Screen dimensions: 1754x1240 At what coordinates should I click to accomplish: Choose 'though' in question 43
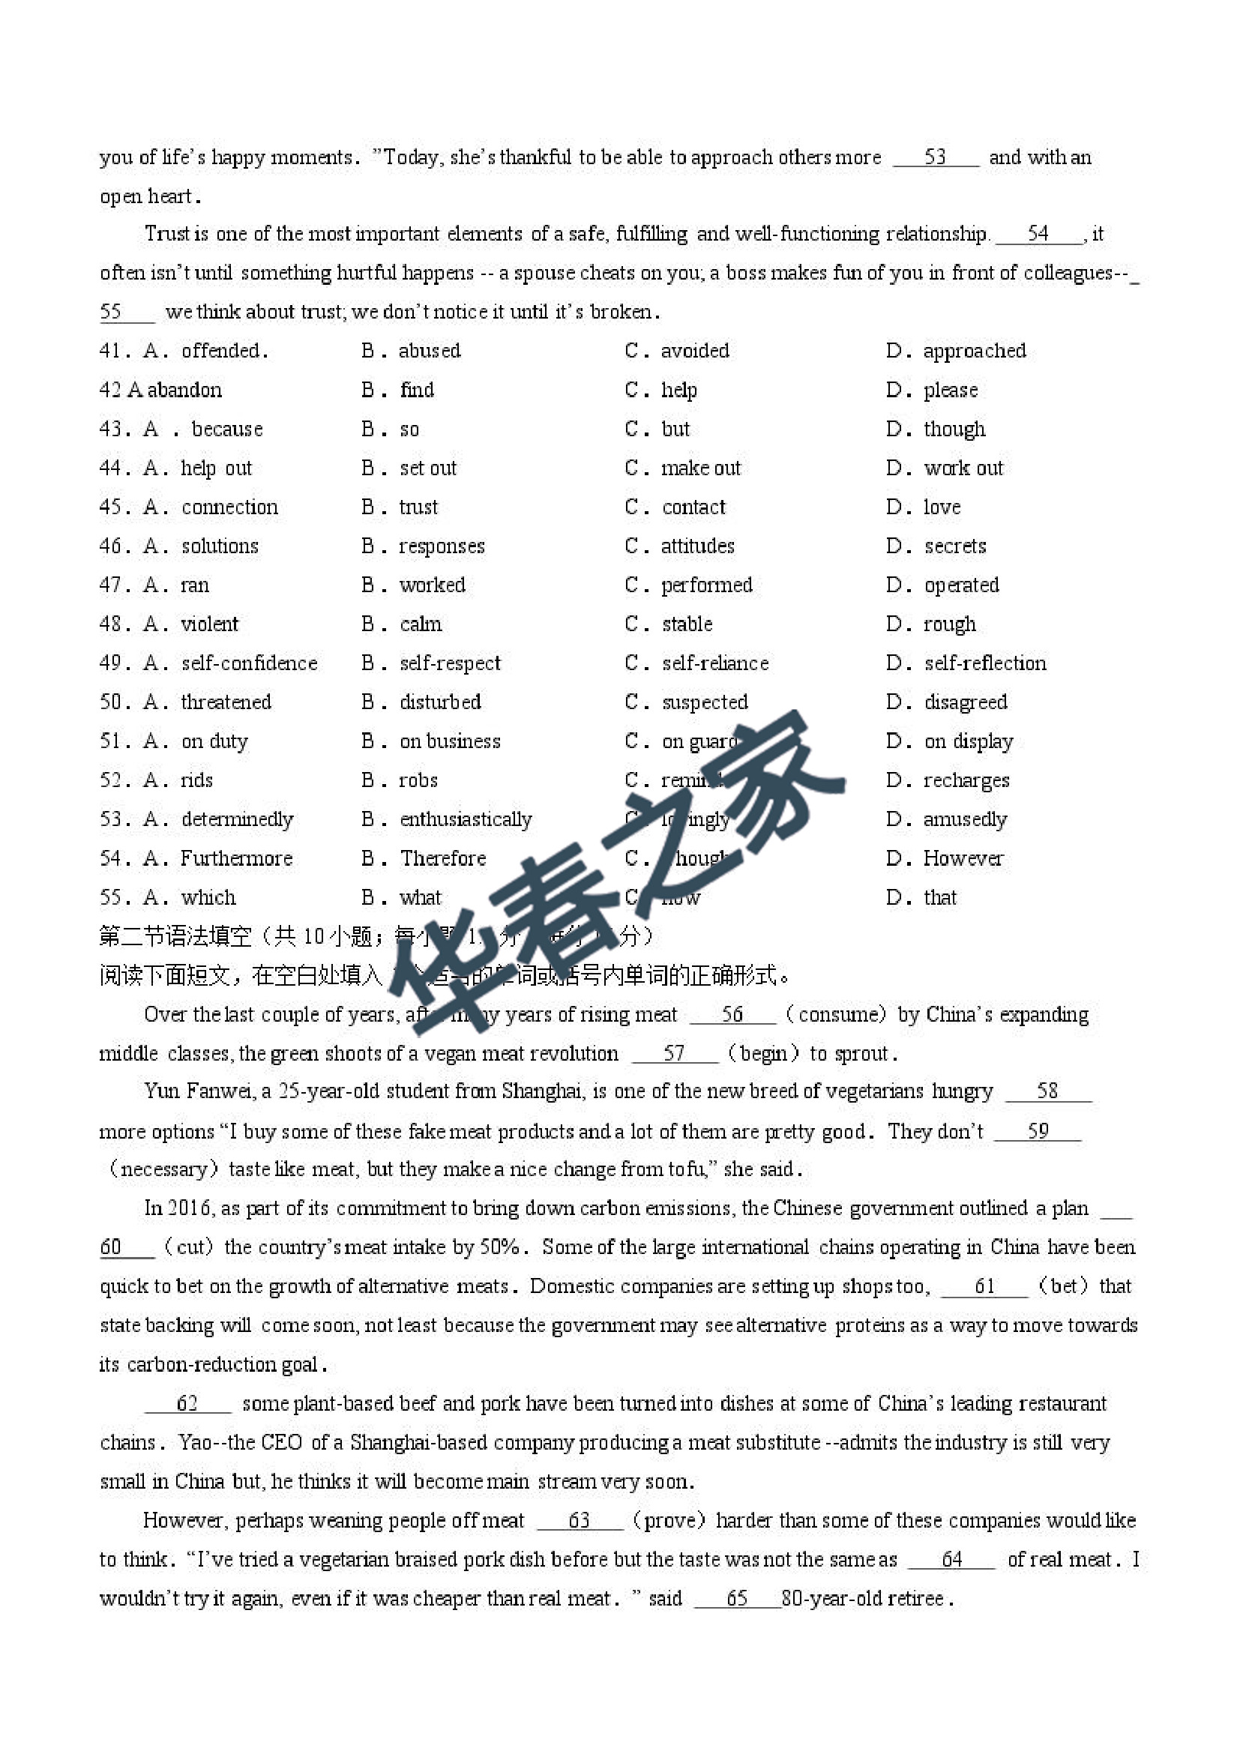click(954, 430)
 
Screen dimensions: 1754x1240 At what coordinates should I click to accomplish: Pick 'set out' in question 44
click(428, 468)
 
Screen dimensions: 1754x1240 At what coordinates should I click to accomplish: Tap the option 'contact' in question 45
click(693, 507)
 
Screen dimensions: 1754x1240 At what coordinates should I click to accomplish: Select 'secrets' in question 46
click(955, 546)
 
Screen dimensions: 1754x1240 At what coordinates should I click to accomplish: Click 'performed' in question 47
click(707, 585)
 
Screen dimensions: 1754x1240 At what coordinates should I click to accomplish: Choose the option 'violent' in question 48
click(209, 624)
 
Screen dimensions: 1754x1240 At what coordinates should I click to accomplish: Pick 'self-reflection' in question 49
click(985, 663)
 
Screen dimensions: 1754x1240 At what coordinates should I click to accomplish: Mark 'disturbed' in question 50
click(440, 702)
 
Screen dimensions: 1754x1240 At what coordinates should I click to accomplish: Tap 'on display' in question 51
click(968, 741)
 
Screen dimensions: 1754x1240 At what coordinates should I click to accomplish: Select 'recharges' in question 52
click(966, 780)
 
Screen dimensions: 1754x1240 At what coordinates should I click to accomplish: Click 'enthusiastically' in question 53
click(466, 819)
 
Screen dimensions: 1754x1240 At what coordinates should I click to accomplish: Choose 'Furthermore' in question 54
click(236, 858)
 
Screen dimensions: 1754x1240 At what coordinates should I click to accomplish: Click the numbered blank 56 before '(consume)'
click(732, 1014)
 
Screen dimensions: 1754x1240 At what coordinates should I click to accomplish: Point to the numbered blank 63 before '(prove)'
click(579, 1521)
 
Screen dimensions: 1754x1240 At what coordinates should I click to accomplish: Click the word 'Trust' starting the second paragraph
click(166, 233)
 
